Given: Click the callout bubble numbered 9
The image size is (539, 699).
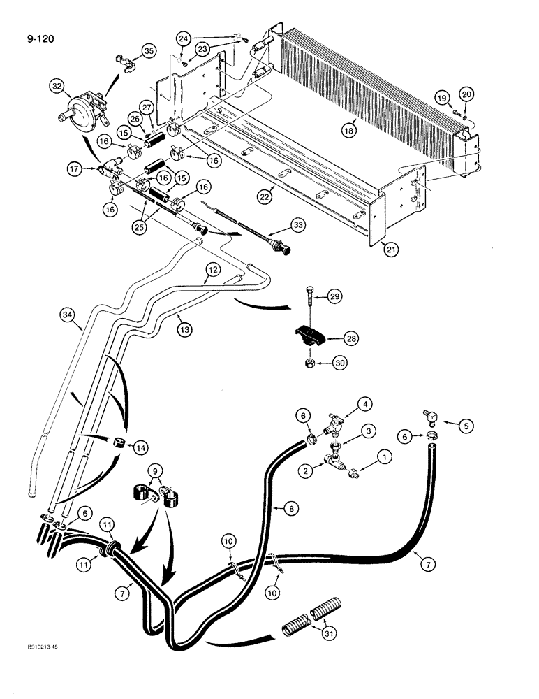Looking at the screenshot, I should (155, 470).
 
